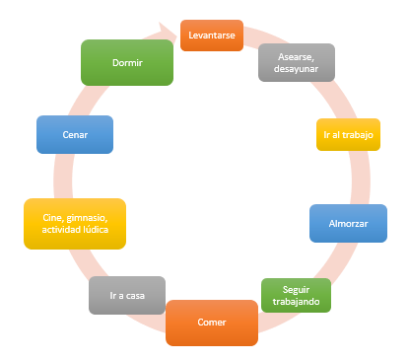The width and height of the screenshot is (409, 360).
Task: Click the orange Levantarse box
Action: (x=212, y=36)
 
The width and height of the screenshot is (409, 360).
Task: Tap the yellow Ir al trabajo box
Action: (x=348, y=134)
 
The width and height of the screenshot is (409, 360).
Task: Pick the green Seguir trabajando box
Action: (x=296, y=294)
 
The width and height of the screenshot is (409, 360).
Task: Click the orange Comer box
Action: (x=212, y=323)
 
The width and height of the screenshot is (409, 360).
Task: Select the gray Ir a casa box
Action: (x=126, y=295)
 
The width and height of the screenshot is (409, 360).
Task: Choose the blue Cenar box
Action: (x=74, y=135)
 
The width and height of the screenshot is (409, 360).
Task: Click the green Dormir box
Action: (x=127, y=62)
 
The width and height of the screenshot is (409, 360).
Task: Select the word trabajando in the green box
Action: (x=296, y=301)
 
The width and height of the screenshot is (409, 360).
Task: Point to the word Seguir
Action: (x=296, y=287)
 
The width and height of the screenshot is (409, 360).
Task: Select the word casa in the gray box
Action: (x=137, y=295)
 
